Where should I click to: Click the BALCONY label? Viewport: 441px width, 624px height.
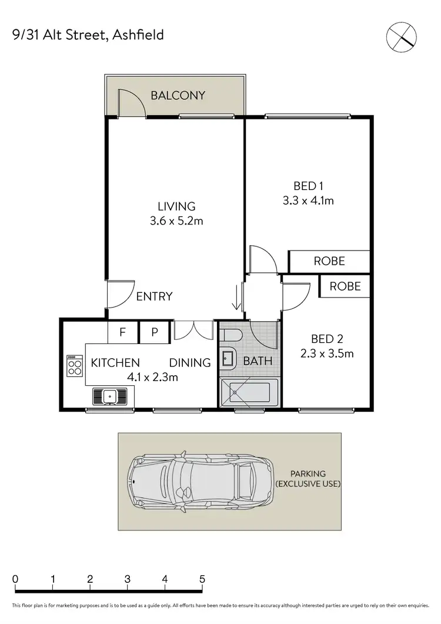point(178,95)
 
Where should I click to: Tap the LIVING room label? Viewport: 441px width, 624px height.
point(176,206)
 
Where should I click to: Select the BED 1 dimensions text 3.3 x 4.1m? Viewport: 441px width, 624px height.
point(308,201)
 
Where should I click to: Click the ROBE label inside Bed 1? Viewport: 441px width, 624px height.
point(329,261)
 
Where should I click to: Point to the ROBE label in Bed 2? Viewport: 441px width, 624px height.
point(345,286)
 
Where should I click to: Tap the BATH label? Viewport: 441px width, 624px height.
point(258,361)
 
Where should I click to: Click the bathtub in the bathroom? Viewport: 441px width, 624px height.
point(248,392)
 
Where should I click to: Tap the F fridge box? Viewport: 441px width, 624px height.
point(123,332)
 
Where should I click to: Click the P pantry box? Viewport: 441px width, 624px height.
point(155,332)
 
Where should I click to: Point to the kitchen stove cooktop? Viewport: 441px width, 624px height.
point(75,366)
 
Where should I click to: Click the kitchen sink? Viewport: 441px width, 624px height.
point(110,396)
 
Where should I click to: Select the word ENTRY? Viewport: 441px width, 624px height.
point(154,296)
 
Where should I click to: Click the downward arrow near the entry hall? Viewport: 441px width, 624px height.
point(237,296)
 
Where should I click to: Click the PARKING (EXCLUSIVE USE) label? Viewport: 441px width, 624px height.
point(308,478)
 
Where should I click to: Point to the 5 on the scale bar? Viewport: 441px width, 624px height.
point(202,579)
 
